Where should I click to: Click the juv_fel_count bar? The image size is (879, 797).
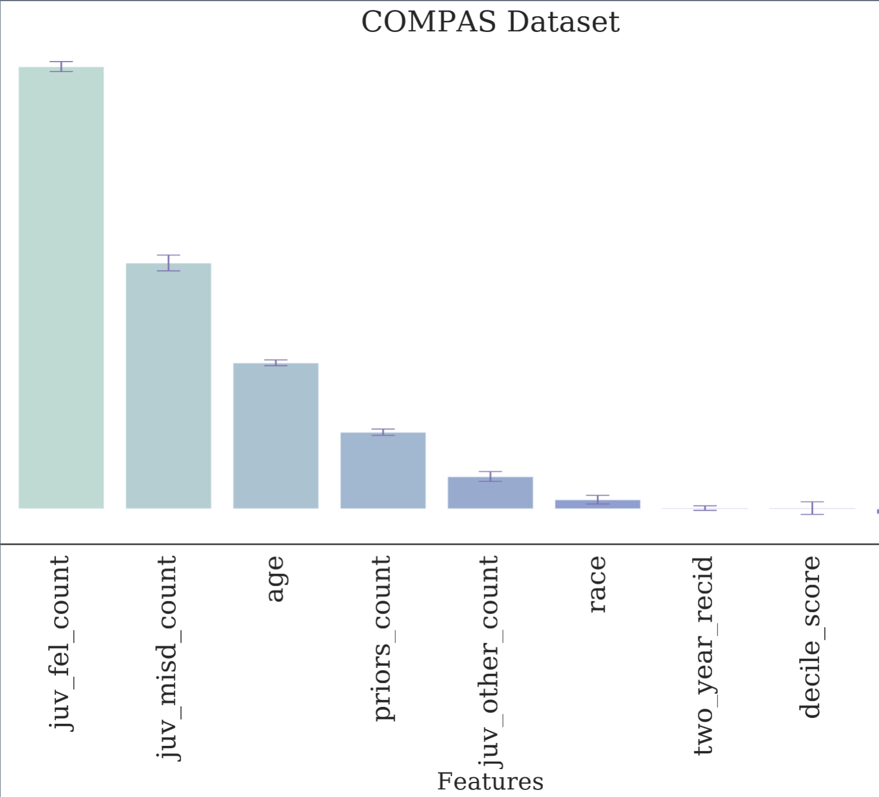(x=61, y=288)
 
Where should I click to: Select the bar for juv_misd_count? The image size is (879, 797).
(x=169, y=386)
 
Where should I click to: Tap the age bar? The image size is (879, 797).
(x=276, y=436)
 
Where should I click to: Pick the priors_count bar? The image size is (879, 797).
(x=383, y=471)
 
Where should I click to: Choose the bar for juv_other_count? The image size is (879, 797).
(x=490, y=493)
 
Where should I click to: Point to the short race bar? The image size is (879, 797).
(x=598, y=504)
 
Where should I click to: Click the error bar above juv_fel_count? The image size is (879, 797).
(x=61, y=66)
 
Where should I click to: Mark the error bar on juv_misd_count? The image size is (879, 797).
(x=169, y=263)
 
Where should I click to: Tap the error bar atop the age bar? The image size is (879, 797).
(x=276, y=363)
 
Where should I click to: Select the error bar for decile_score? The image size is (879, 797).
(x=812, y=508)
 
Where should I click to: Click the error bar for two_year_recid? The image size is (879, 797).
(x=705, y=508)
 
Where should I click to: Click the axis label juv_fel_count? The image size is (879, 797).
(x=60, y=642)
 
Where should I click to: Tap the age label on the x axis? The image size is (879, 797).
(x=276, y=579)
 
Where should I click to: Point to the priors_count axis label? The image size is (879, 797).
(x=383, y=638)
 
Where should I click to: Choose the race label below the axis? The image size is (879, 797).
(x=597, y=584)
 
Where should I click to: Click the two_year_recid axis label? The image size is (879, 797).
(x=705, y=655)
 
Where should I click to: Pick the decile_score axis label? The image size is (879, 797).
(x=812, y=637)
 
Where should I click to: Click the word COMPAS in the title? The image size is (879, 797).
(x=429, y=22)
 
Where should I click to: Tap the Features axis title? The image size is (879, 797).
(x=490, y=781)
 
